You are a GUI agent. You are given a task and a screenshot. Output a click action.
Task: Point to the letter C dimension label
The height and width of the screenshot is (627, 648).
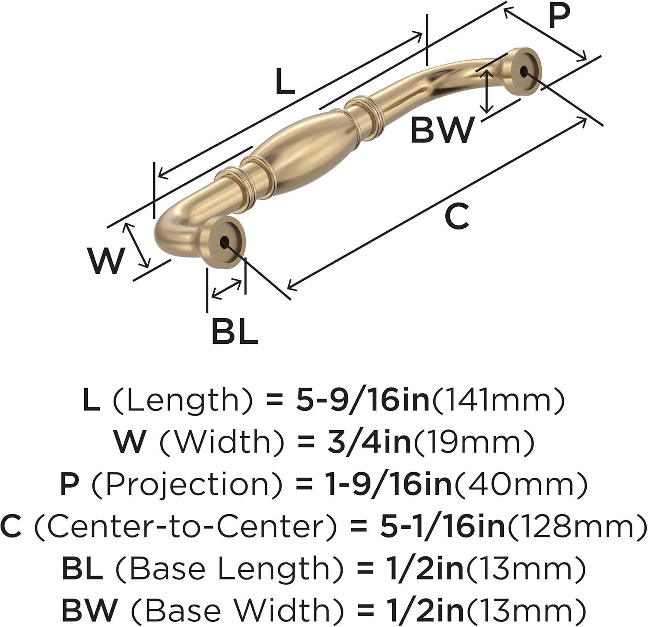pyautogui.click(x=457, y=217)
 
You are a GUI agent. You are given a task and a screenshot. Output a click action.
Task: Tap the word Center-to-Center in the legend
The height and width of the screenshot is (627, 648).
pyautogui.click(x=185, y=526)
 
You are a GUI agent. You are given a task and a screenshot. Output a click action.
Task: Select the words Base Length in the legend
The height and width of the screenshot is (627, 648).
pyautogui.click(x=225, y=569)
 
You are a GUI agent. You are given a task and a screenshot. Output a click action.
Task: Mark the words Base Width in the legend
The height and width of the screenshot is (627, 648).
pyautogui.click(x=229, y=610)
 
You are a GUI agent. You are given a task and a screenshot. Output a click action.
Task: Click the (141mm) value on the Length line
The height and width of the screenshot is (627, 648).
pyautogui.click(x=498, y=401)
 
